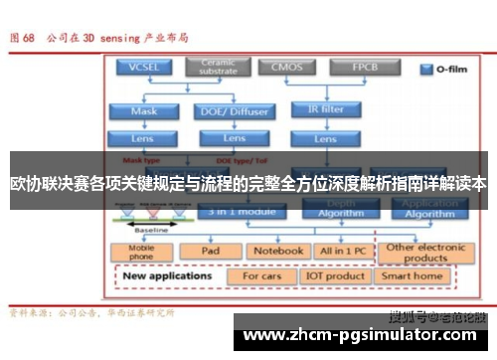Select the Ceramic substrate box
click(x=218, y=68)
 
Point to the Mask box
click(x=144, y=111)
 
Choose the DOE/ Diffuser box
click(x=235, y=111)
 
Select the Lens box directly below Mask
click(x=144, y=139)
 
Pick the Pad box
click(x=211, y=251)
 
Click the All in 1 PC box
click(x=341, y=251)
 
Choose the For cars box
click(x=262, y=275)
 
